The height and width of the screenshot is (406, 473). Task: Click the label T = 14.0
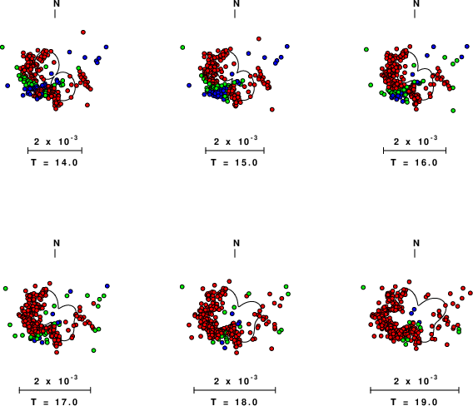(x=54, y=163)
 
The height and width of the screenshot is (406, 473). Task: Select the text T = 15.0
(x=234, y=163)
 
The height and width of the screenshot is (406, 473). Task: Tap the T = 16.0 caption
(x=414, y=163)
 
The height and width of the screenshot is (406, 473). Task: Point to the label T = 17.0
(x=54, y=402)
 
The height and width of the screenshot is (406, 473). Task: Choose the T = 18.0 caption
(x=234, y=402)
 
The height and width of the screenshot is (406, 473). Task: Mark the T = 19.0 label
(x=414, y=402)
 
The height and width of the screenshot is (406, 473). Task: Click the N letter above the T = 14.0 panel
(x=57, y=3)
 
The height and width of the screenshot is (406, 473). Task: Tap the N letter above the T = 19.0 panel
(x=416, y=243)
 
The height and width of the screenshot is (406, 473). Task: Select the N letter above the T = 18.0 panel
(x=236, y=243)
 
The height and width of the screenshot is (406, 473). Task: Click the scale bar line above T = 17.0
(x=55, y=390)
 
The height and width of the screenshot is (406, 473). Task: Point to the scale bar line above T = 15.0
(x=235, y=151)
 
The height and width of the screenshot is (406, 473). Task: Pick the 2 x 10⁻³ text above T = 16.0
(x=416, y=141)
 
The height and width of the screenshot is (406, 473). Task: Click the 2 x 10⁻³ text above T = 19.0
(x=416, y=381)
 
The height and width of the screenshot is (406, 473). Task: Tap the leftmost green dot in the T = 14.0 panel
(x=2, y=47)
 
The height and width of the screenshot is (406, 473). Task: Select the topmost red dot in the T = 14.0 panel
(x=83, y=32)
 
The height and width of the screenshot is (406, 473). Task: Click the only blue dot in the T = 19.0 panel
(x=414, y=309)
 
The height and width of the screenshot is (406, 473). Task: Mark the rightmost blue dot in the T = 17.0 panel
(x=107, y=285)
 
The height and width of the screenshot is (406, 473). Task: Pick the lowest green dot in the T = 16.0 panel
(x=453, y=111)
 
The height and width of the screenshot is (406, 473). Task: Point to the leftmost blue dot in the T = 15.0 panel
(x=189, y=86)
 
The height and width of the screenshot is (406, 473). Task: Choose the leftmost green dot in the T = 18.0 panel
(x=182, y=287)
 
